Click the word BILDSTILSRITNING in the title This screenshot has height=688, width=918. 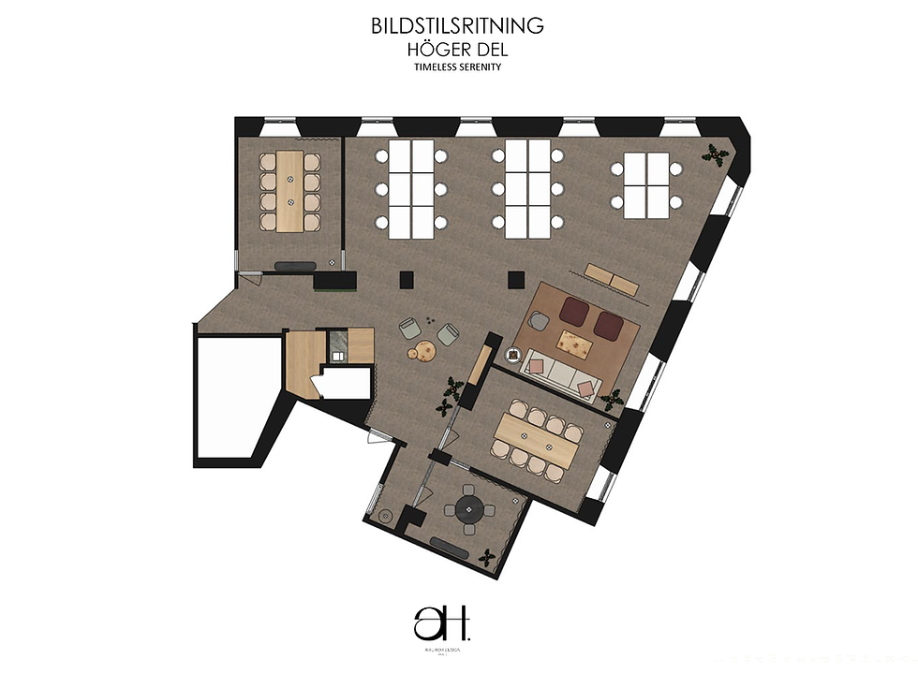tap(458, 25)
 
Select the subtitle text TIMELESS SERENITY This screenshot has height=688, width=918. tap(458, 66)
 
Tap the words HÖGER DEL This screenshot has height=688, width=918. tap(458, 49)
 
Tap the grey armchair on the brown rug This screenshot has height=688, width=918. tap(539, 321)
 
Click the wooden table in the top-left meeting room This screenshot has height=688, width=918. tap(289, 191)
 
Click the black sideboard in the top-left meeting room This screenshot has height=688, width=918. tap(293, 266)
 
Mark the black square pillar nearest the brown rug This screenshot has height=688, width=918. tap(514, 278)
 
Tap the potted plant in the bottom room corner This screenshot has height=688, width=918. tap(486, 558)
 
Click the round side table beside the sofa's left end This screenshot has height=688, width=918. tap(513, 355)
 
